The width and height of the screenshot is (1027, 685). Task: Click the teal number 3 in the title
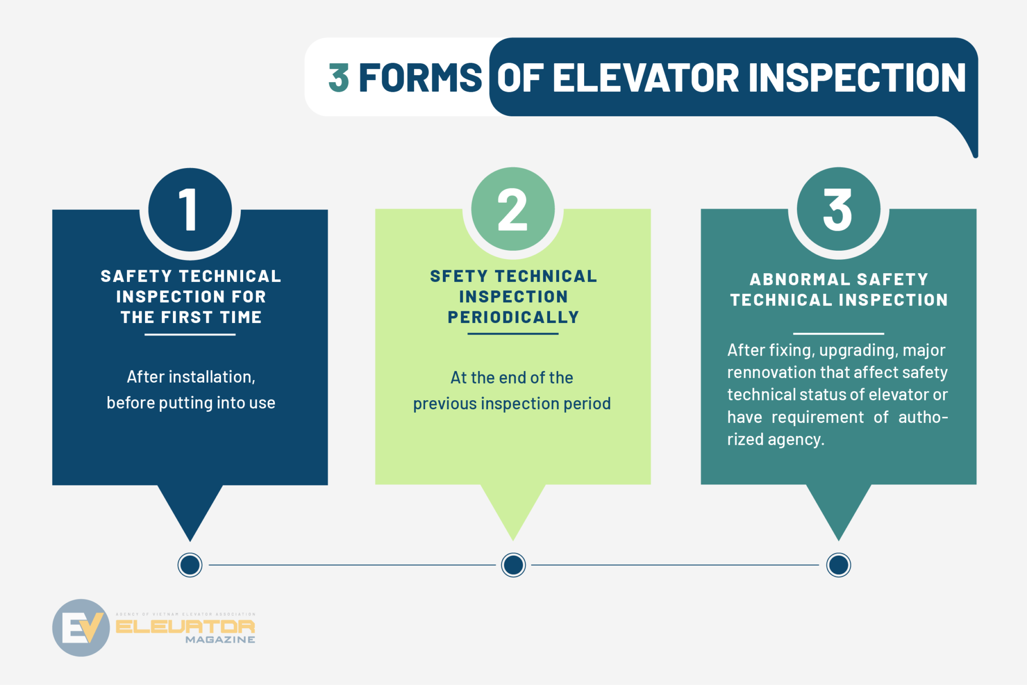click(339, 78)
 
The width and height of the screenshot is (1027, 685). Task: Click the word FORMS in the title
click(420, 78)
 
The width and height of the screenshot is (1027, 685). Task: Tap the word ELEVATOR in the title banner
click(646, 78)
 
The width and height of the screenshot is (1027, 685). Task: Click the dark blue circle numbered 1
click(190, 210)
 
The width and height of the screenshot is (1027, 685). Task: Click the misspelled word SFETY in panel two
click(458, 276)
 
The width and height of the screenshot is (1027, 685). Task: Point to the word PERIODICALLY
click(513, 317)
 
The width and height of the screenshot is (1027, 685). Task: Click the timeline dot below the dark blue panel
click(190, 565)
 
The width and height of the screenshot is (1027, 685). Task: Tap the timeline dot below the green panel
click(513, 565)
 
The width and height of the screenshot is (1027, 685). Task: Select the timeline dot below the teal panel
click(838, 565)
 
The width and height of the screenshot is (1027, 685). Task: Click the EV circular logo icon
click(81, 627)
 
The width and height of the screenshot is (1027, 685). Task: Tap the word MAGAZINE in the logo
click(220, 640)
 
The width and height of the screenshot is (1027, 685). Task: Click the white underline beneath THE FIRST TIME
click(190, 334)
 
